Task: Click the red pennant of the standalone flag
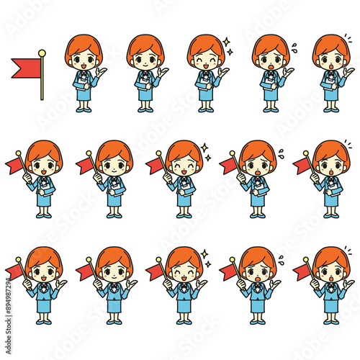pyautogui.click(x=25, y=68)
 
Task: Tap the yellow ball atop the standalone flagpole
pyautogui.click(x=42, y=53)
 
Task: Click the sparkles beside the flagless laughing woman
pyautogui.click(x=229, y=47)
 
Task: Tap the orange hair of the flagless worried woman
pyautogui.click(x=270, y=45)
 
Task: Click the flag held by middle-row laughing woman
pyautogui.click(x=154, y=166)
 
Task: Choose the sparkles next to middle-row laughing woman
pyautogui.click(x=207, y=152)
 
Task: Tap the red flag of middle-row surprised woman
pyautogui.click(x=302, y=166)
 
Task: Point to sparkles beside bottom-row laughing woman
pyautogui.click(x=207, y=258)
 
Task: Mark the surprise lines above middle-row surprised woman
pyautogui.click(x=348, y=146)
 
